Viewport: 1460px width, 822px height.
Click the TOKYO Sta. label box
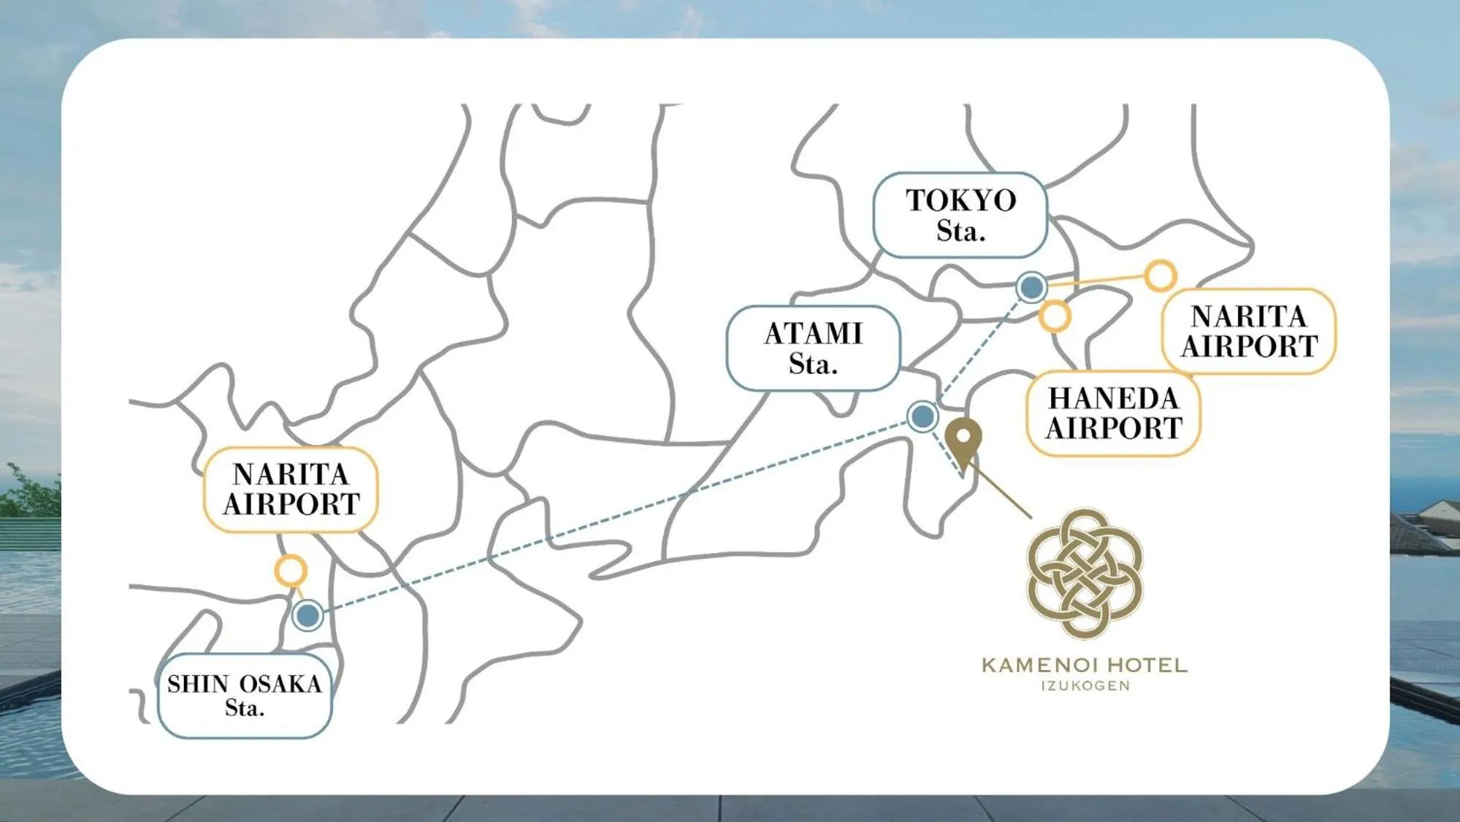[x=960, y=215]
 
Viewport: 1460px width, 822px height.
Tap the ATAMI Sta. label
[x=813, y=348]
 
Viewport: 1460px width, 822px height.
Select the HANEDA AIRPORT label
[x=1113, y=414]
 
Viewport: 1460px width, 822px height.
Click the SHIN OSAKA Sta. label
[x=245, y=695]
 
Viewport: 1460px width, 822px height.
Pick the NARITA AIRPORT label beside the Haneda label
[x=1248, y=331]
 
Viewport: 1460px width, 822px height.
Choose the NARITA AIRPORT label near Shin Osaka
[x=291, y=489]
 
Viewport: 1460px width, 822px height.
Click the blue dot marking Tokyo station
[x=1031, y=287]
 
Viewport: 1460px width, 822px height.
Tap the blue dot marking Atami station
[x=922, y=416]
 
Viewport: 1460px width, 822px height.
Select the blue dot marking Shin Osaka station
[x=307, y=615]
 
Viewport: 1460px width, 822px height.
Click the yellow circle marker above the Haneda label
[x=1055, y=316]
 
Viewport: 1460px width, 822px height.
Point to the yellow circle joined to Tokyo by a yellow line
[x=1160, y=275]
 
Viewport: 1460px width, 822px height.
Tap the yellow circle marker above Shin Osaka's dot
[x=291, y=570]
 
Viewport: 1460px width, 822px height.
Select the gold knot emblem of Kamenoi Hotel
[x=1085, y=573]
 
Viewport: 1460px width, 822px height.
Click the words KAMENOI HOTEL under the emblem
[x=1085, y=665]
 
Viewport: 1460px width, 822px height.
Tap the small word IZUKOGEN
[x=1085, y=686]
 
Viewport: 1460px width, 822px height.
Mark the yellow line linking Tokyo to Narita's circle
[x=1096, y=281]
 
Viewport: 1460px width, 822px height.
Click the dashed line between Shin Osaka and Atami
[x=614, y=516]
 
